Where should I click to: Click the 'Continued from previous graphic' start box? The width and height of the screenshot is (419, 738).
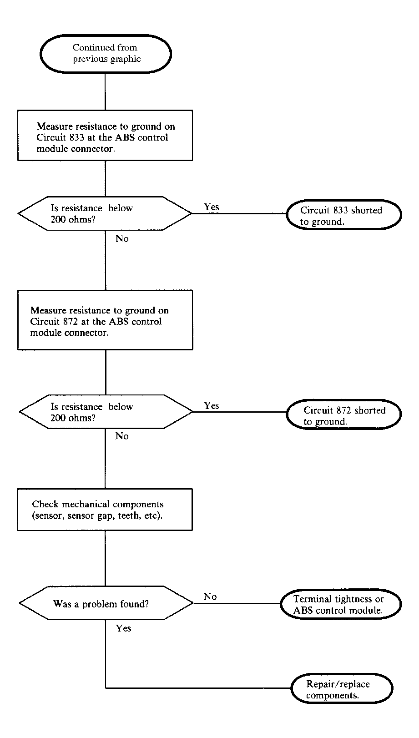point(106,54)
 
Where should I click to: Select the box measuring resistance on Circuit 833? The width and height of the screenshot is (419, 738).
point(105,136)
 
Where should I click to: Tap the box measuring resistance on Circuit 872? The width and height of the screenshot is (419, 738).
point(105,320)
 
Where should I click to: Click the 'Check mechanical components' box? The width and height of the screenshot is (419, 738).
point(105,509)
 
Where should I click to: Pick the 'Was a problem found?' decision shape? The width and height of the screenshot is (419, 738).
point(106,603)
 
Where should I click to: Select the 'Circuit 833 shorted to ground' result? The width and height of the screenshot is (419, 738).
point(344,214)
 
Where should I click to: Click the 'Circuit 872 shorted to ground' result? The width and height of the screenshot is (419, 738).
point(344,414)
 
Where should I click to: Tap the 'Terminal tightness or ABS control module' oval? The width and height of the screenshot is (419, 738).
point(341,604)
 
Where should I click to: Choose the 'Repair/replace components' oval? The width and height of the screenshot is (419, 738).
point(342,688)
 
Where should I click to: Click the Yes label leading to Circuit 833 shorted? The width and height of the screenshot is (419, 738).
point(212,207)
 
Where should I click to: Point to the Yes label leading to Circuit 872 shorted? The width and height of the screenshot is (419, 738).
point(212,405)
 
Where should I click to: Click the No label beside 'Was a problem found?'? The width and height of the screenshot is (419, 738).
point(210,596)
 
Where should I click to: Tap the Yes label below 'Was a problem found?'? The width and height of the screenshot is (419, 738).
point(124,628)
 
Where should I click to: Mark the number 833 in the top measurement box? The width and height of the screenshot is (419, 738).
point(77,137)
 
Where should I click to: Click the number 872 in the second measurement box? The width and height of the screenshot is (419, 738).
point(70,321)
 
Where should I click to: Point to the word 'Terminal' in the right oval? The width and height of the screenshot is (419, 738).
point(312,599)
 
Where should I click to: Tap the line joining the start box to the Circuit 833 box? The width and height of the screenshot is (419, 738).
point(106,91)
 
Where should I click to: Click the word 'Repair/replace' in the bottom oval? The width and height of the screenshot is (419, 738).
point(338,684)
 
